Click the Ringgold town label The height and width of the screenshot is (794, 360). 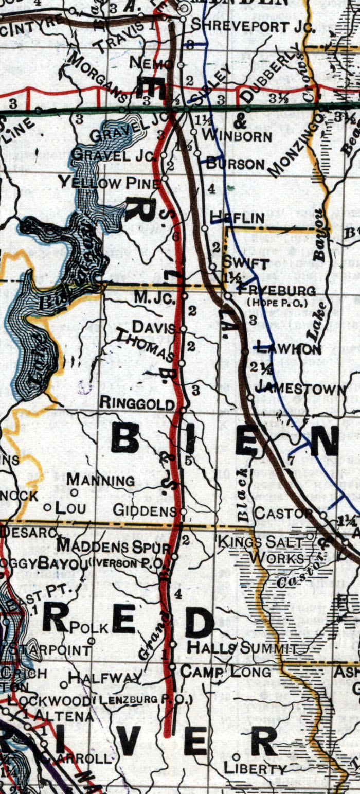[x=137, y=403]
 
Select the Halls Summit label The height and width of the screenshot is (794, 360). [x=241, y=648]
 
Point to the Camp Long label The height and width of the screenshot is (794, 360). [x=225, y=672]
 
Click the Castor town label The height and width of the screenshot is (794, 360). [x=283, y=513]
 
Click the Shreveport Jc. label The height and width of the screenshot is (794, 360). [x=252, y=26]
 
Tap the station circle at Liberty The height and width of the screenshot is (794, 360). [x=236, y=756]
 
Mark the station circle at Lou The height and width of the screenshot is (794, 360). [x=47, y=507]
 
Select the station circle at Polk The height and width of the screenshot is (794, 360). [x=92, y=641]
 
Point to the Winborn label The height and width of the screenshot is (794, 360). [x=237, y=136]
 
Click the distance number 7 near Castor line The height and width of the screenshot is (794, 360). [x=291, y=461]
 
